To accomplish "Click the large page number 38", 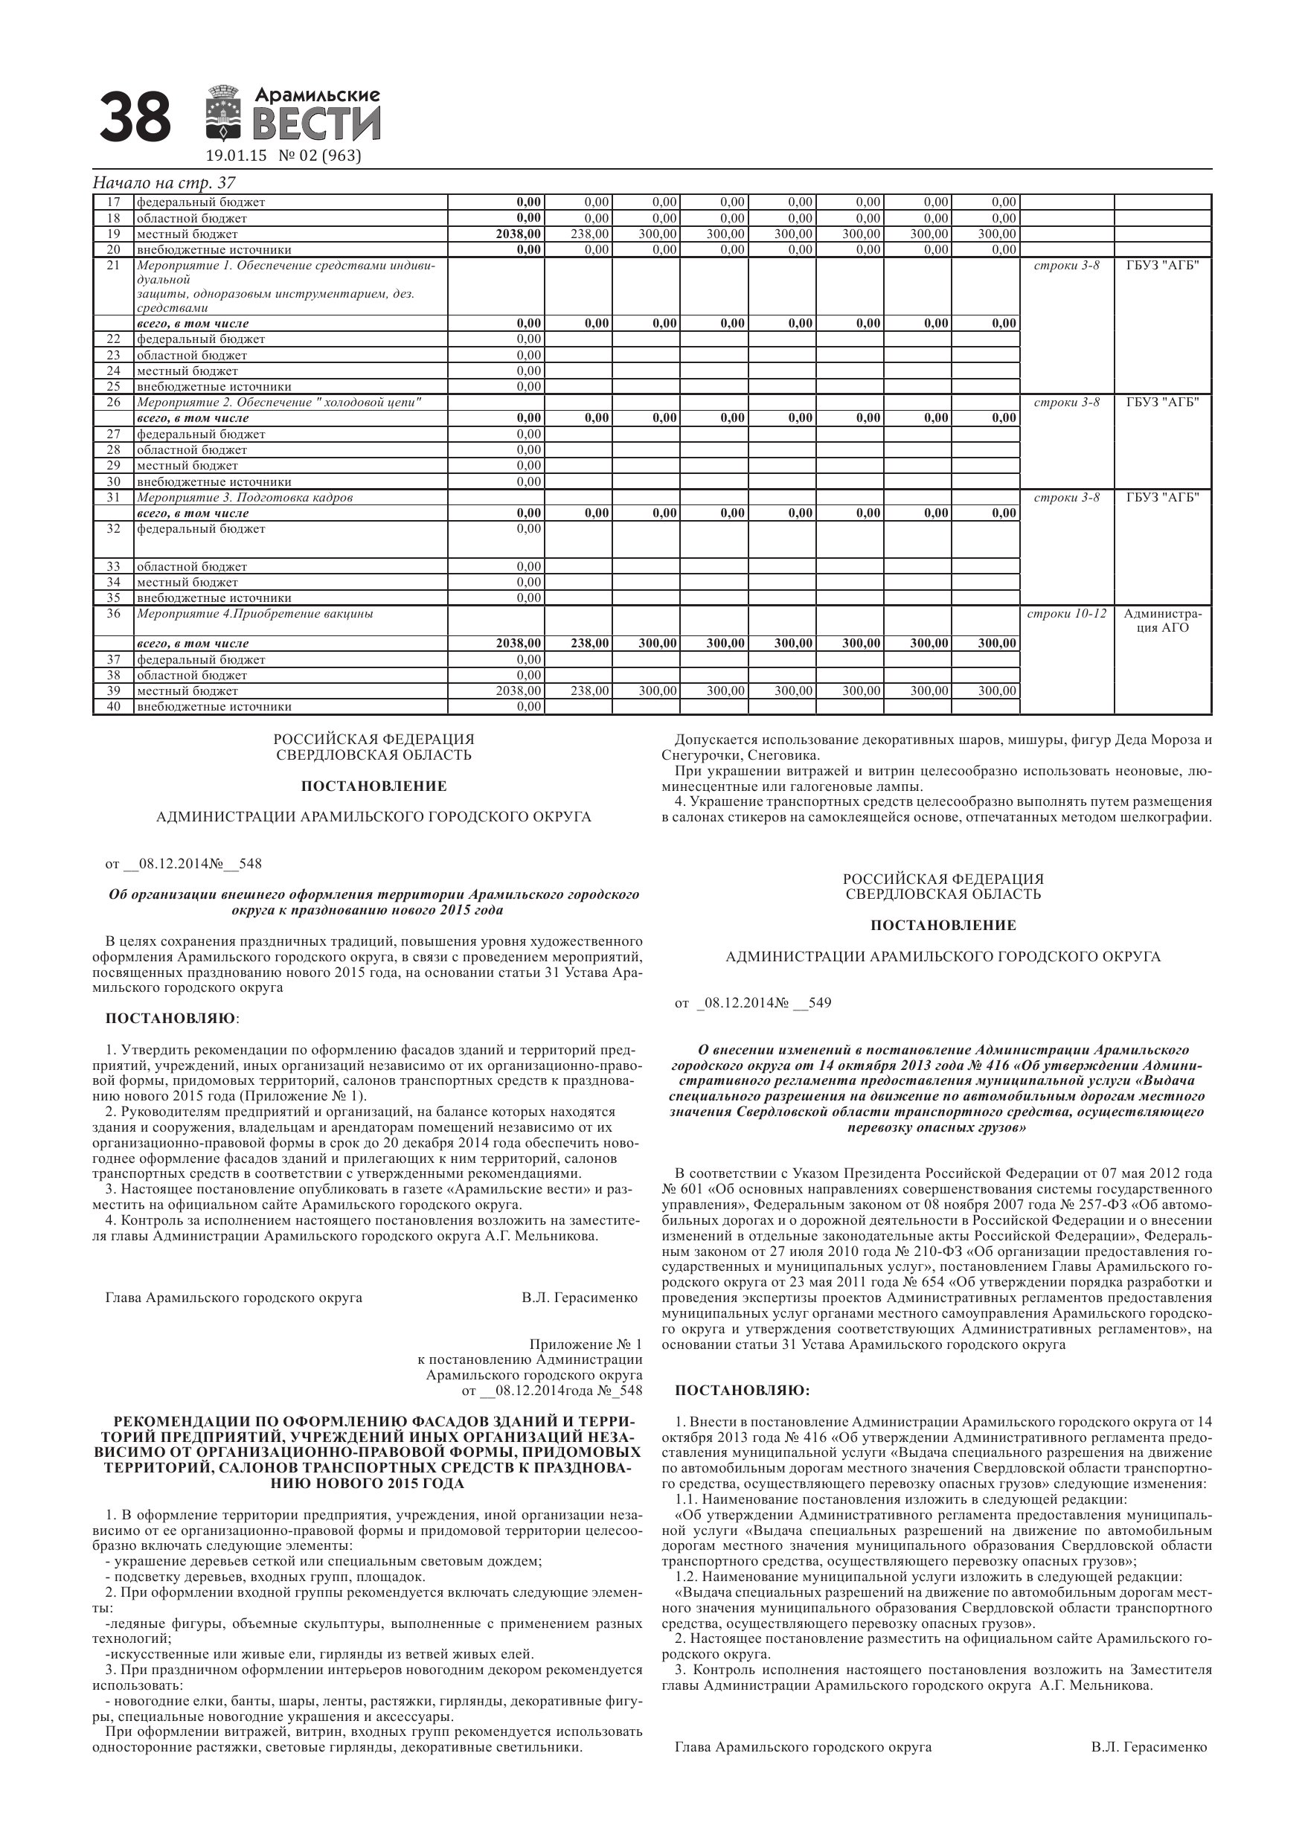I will (x=135, y=116).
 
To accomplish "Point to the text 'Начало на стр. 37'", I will (x=164, y=183).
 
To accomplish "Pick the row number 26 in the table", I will (x=113, y=402).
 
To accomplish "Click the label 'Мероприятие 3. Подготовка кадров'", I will (x=245, y=498).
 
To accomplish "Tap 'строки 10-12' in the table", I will (x=1066, y=613).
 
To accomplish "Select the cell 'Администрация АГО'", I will (x=1163, y=621).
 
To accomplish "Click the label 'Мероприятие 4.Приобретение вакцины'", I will (x=255, y=613).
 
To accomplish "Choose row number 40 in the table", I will (x=113, y=707).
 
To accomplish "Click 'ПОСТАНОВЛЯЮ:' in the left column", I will (x=172, y=1019).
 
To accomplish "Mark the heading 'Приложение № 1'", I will (x=586, y=1345).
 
